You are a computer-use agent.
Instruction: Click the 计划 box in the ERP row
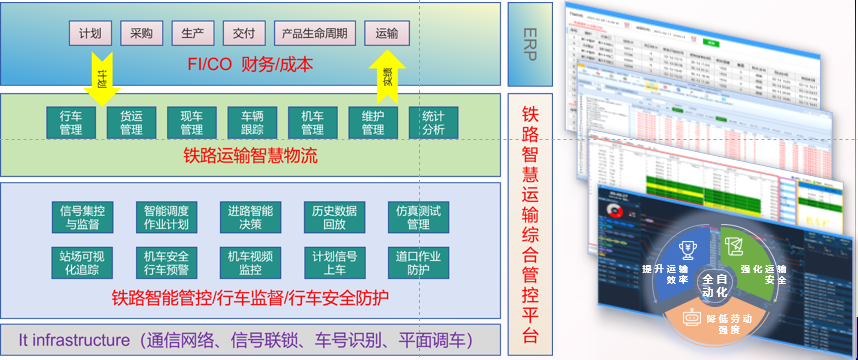click(x=90, y=33)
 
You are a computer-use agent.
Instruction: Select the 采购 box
click(x=140, y=33)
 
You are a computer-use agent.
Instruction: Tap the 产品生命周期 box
click(x=315, y=33)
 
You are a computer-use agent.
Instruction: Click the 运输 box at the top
click(x=386, y=33)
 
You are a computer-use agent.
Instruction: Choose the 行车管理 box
click(x=70, y=121)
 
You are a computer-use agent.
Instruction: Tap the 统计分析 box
click(x=433, y=121)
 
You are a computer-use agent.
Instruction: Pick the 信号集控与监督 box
click(x=83, y=217)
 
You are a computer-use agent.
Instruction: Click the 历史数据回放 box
click(x=334, y=217)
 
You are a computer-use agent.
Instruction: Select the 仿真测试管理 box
click(x=418, y=217)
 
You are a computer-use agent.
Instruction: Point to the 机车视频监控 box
click(x=250, y=262)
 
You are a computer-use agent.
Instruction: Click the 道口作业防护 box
click(x=418, y=262)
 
